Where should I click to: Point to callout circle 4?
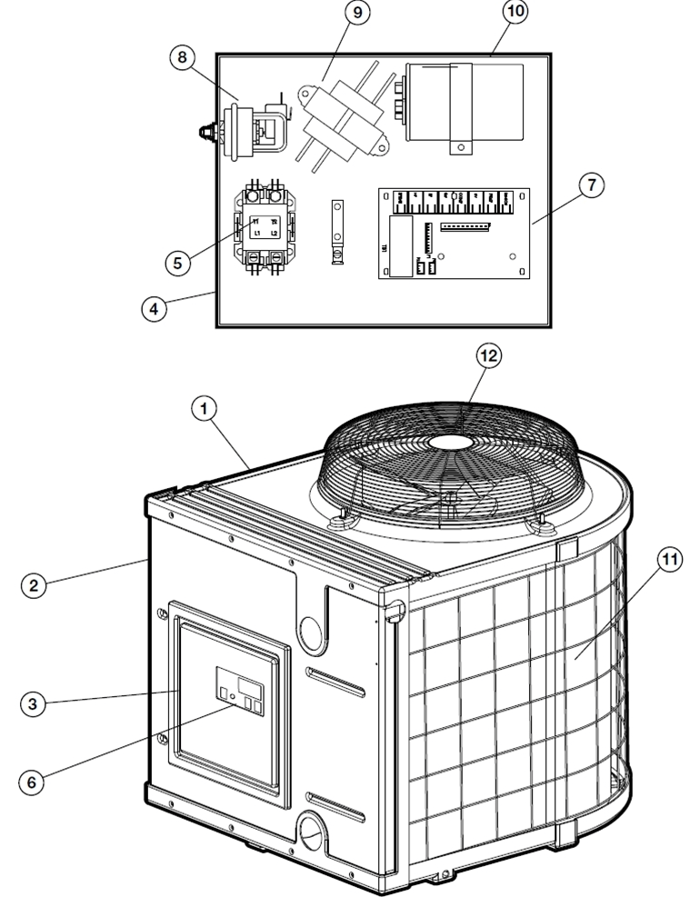click(x=155, y=307)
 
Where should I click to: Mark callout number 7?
click(x=592, y=185)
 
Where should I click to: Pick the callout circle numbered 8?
click(x=182, y=57)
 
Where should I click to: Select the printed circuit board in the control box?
click(x=453, y=233)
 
